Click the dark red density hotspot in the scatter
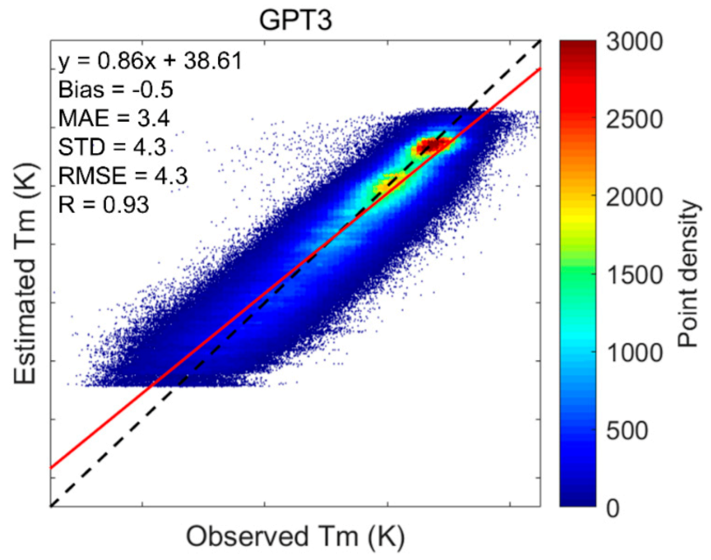tap(433, 144)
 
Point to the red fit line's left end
tap(53, 467)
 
